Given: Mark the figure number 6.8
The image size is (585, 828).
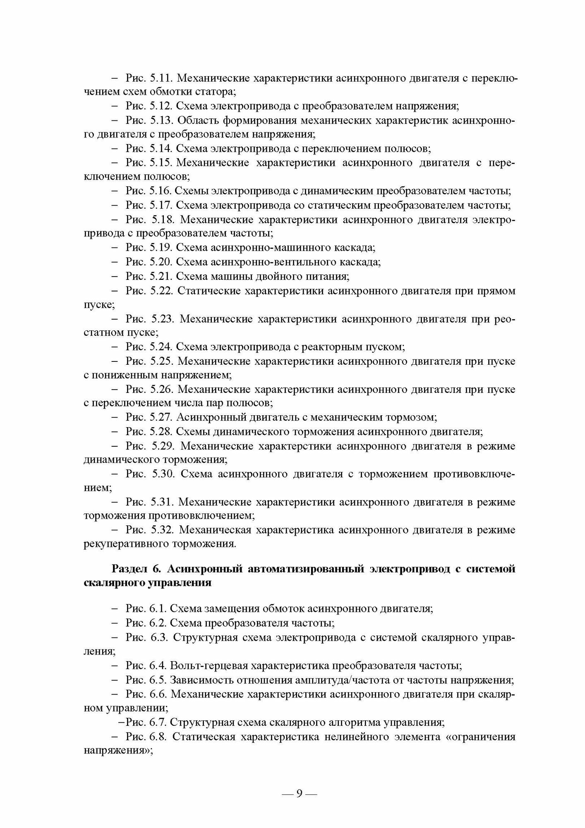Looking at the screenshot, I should click(158, 737).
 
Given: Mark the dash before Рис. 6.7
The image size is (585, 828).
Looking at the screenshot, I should click(121, 723).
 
